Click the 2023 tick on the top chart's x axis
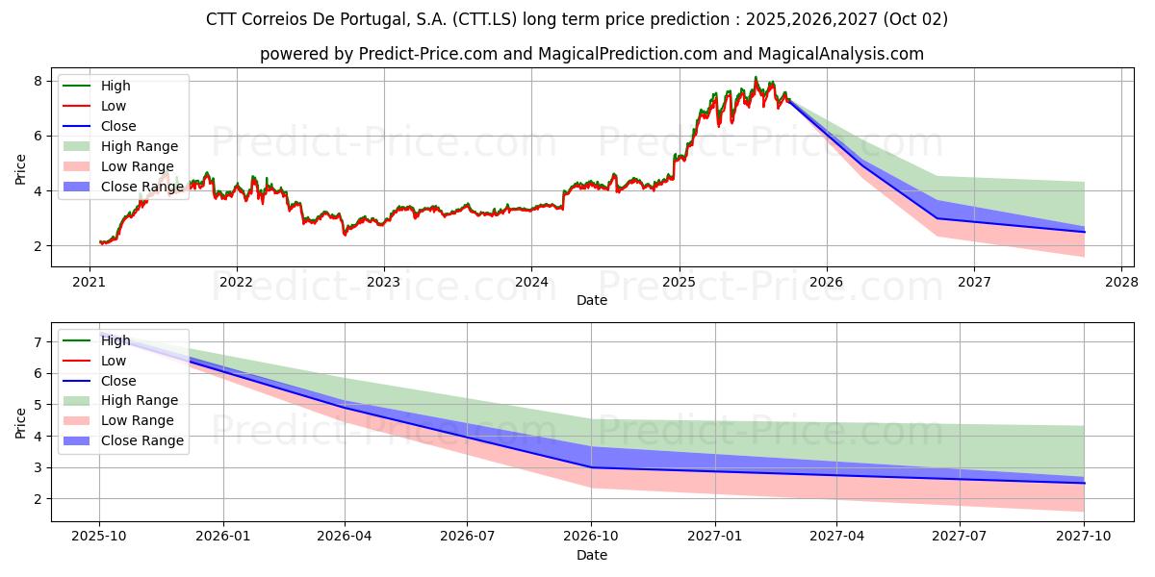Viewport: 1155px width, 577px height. [x=384, y=282]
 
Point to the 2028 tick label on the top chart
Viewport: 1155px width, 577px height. [x=1121, y=282]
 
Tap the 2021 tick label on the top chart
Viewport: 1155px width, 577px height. [x=90, y=282]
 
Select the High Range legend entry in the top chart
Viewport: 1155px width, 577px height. [x=140, y=146]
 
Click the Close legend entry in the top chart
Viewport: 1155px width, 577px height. [x=118, y=126]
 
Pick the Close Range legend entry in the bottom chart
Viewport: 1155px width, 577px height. [x=141, y=440]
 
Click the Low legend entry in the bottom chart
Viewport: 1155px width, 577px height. [x=114, y=361]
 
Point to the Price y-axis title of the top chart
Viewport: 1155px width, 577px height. [x=21, y=169]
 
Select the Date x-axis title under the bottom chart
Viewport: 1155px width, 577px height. [x=592, y=555]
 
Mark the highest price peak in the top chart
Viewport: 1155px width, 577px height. [x=756, y=77]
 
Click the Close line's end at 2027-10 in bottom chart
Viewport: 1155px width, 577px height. [x=1085, y=483]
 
